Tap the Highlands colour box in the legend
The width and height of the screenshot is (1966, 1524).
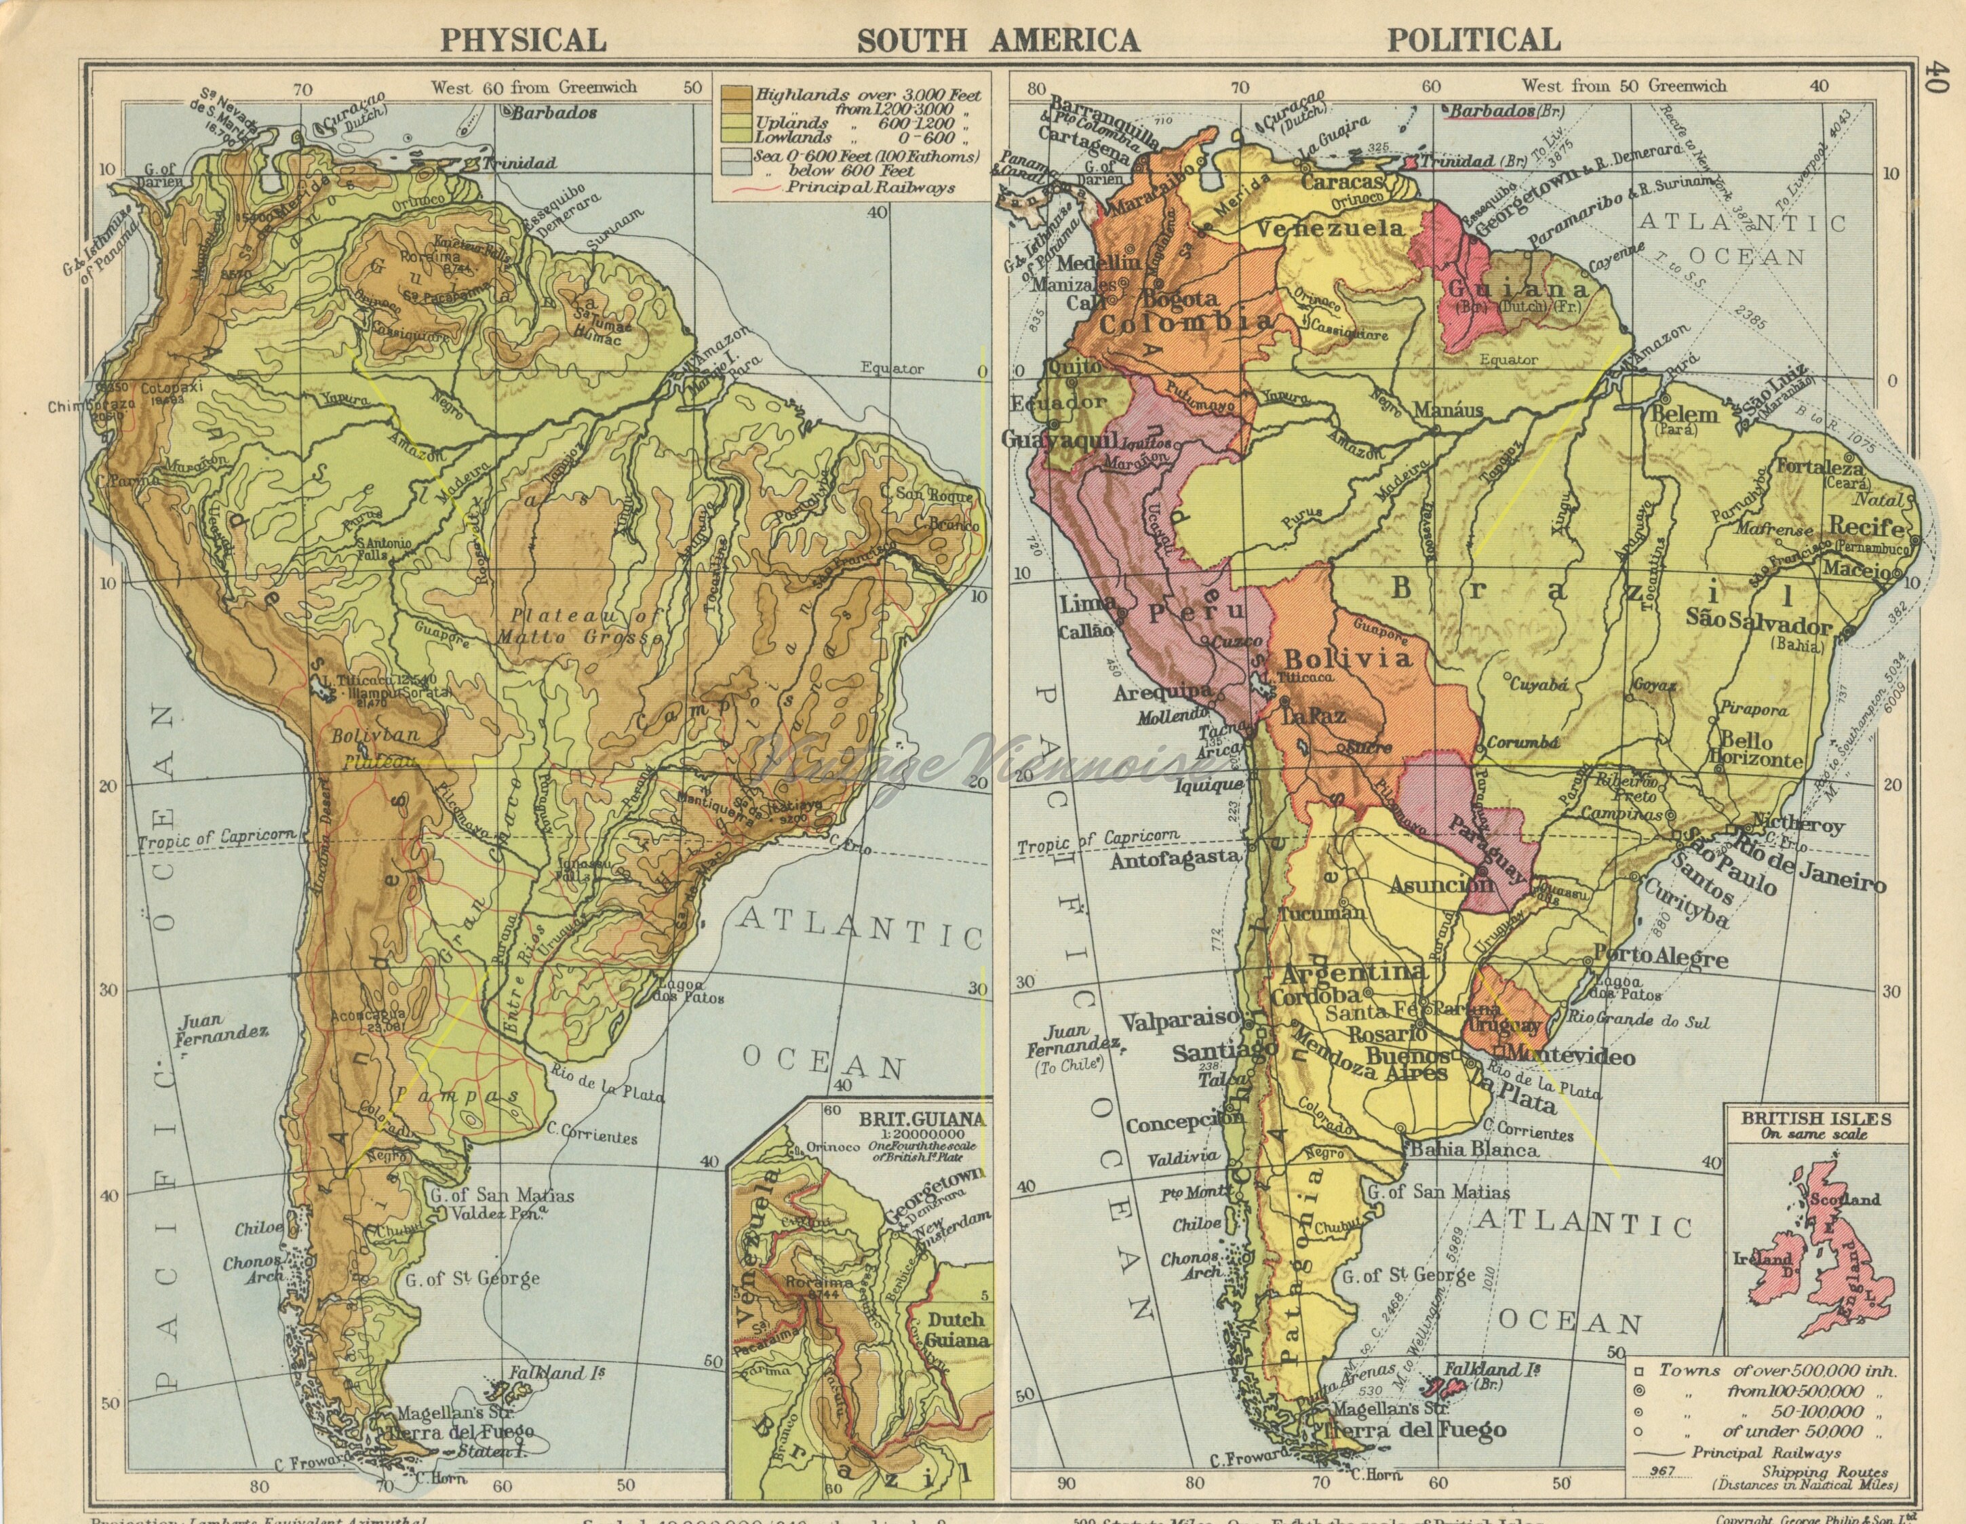(x=734, y=94)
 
